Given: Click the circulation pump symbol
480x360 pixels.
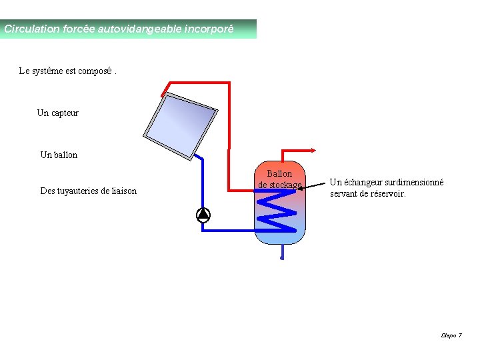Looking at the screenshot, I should coord(203,215).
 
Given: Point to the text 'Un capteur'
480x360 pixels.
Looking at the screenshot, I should coord(57,113).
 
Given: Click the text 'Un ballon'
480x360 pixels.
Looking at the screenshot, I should coord(59,155).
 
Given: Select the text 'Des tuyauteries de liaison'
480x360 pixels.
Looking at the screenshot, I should coord(88,191).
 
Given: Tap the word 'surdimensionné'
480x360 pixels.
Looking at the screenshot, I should coord(412,183).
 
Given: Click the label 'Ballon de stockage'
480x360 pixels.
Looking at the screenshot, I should coord(279,179).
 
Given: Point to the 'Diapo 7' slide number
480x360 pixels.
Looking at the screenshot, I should coord(451,335).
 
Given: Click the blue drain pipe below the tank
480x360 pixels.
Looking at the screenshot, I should coord(282,252).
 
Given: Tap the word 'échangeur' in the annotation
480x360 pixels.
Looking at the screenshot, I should coord(361,183).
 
